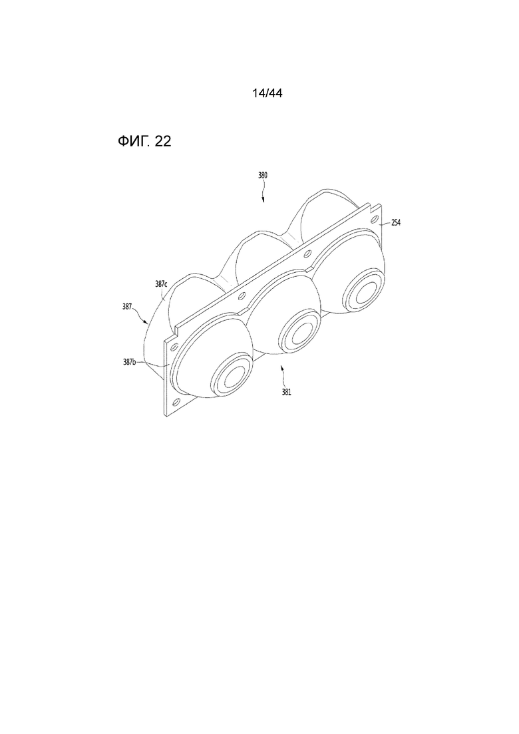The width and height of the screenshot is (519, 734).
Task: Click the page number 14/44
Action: pos(267,93)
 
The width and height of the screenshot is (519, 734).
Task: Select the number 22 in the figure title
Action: pos(162,141)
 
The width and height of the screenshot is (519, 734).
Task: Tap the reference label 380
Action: pos(263,176)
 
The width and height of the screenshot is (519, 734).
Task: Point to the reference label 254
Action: pos(395,223)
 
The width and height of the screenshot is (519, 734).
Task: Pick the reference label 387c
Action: pos(161,283)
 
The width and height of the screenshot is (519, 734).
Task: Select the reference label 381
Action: pos(286,392)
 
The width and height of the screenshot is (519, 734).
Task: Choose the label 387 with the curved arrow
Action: pos(127,307)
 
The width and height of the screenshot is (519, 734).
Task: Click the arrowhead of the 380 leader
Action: pos(263,200)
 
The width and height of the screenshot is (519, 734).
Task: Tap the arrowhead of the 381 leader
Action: pos(281,369)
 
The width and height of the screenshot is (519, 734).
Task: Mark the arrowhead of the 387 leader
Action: pos(147,322)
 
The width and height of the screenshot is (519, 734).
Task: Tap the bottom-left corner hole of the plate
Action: pos(176,402)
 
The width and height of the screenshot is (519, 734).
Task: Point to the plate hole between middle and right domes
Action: pos(307,256)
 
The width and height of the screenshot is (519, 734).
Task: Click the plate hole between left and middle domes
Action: pos(242,295)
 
